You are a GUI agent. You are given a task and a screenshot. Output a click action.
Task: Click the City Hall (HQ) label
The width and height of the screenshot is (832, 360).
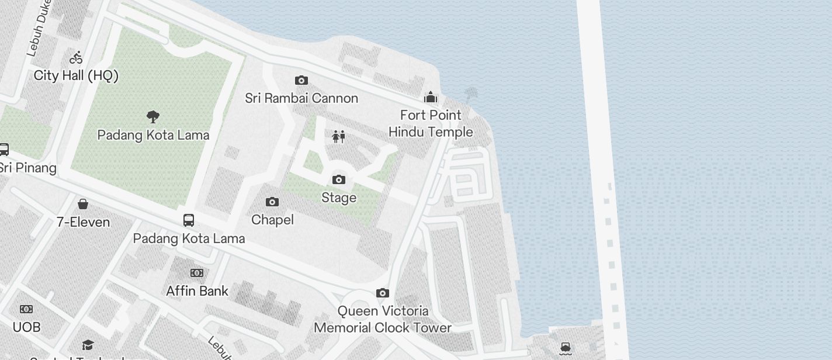coord(76,75)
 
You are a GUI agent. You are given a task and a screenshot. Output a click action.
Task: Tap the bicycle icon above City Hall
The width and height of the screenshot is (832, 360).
coord(76,57)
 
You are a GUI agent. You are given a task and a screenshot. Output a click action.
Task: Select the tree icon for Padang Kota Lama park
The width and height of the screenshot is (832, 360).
coord(153,117)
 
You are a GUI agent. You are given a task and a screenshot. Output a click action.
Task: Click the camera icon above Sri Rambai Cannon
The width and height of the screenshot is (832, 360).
coord(301,80)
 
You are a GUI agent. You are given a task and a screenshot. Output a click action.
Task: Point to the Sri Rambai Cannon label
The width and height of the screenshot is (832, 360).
coord(301,98)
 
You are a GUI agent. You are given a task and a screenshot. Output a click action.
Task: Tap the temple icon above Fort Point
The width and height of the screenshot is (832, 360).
coord(431,96)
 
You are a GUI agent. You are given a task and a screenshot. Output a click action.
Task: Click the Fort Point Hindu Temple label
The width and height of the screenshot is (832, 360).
coord(431,123)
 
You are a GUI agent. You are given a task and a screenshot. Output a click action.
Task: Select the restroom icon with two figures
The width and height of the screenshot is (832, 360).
coord(339,137)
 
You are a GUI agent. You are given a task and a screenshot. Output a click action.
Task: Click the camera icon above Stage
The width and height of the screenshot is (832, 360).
coord(339,179)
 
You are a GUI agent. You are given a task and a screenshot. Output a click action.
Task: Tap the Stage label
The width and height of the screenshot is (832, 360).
coord(339,198)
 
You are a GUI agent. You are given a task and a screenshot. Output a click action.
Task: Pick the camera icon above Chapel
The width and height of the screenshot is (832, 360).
coord(272,202)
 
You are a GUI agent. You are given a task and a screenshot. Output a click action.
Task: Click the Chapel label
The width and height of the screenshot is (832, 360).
coord(272,220)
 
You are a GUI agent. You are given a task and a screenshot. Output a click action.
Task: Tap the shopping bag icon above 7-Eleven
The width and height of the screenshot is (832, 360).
coord(83,204)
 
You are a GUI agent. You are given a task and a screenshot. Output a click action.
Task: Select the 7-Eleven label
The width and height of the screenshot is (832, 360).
coord(83,222)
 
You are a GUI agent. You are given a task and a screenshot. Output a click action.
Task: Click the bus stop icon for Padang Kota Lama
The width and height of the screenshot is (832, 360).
coord(188,220)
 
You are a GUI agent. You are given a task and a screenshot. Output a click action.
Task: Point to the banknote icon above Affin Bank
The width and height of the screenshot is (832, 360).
coord(197,273)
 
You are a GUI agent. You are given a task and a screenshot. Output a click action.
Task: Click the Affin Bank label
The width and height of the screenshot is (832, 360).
coord(197,290)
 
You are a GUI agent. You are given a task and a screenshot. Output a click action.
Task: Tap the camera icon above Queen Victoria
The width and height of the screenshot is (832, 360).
coord(383,293)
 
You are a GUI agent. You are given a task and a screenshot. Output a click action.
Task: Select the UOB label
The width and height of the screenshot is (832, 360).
coord(26,327)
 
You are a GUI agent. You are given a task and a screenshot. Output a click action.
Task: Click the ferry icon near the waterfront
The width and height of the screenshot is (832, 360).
coord(565,349)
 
